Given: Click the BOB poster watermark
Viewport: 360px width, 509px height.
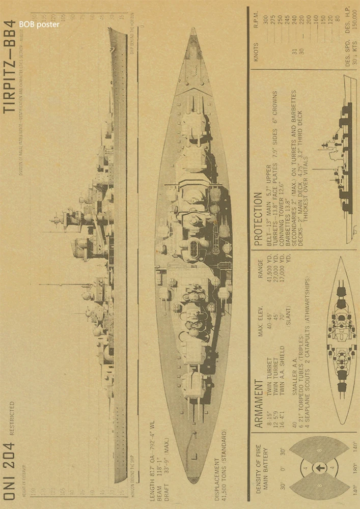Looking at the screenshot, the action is click(x=39, y=24).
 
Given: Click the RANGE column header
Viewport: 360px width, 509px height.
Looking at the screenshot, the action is click(x=260, y=270).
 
